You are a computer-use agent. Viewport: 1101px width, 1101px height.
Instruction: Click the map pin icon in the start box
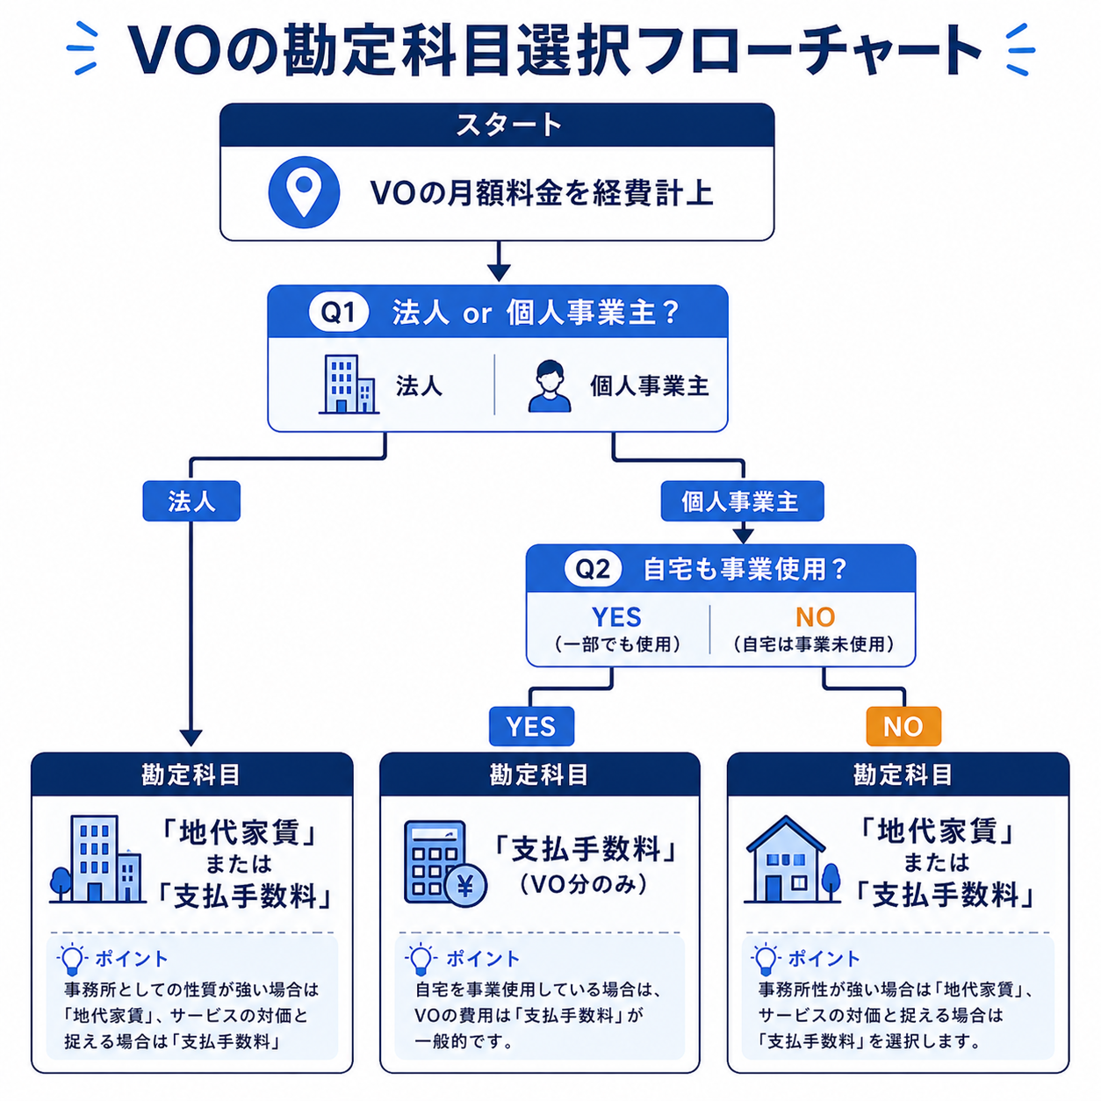click(x=304, y=192)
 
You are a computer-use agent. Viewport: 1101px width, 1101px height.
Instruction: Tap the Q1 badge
click(x=338, y=312)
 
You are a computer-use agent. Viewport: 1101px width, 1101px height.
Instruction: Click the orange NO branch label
click(x=903, y=726)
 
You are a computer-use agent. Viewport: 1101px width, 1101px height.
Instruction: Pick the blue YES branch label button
click(x=531, y=726)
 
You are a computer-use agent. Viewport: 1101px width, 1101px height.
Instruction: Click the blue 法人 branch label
click(x=191, y=501)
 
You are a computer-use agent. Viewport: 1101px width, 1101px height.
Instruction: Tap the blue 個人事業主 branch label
click(x=742, y=501)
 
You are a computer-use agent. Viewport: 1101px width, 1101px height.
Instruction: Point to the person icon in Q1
click(x=549, y=385)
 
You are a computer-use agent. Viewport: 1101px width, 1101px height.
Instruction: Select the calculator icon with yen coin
click(x=445, y=863)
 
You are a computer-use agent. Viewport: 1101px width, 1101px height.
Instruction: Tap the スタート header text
click(x=508, y=126)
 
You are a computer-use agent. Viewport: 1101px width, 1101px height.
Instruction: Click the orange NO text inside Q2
click(x=815, y=617)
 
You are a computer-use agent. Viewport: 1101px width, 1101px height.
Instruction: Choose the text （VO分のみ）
click(x=584, y=885)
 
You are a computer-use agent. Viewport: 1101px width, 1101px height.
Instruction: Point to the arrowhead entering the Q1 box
click(x=499, y=273)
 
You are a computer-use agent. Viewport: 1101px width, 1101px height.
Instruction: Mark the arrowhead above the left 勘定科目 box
click(x=191, y=738)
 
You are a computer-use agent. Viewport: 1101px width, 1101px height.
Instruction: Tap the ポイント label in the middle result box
click(x=482, y=959)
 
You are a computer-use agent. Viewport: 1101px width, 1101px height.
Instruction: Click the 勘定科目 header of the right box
click(x=903, y=775)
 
